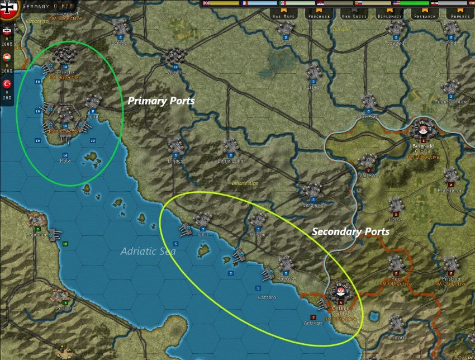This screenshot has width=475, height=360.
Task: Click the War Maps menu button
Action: coord(284,16)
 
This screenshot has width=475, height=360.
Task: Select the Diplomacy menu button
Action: coord(389,16)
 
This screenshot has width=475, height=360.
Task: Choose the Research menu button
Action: coord(425,16)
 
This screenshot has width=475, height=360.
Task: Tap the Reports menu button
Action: coord(460,16)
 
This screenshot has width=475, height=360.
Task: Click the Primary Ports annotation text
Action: coord(161,101)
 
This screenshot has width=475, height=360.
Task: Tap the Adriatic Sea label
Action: coord(148,252)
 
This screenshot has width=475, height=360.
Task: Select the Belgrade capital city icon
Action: coord(423,130)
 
